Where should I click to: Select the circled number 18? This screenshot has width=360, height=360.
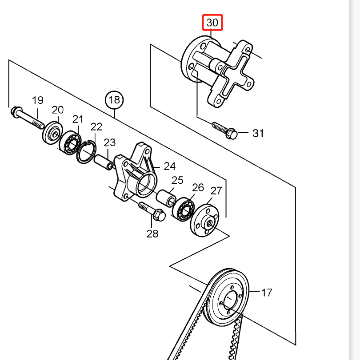[114, 100]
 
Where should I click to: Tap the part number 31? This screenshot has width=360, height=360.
[258, 133]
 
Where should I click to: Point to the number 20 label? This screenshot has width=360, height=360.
[58, 110]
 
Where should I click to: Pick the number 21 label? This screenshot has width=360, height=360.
[78, 119]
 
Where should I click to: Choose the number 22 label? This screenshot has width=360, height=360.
[96, 127]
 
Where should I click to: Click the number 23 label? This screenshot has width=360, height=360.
[110, 142]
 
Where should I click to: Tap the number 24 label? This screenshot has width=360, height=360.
[169, 166]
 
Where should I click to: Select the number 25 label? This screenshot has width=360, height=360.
[177, 180]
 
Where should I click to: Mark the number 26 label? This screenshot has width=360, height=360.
[198, 187]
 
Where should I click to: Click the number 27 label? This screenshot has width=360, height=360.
[216, 191]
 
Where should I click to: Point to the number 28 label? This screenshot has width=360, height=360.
[152, 233]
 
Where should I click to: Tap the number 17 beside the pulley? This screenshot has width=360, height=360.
[266, 293]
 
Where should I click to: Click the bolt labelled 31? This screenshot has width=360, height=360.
[224, 130]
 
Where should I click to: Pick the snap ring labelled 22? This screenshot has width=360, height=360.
[87, 152]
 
